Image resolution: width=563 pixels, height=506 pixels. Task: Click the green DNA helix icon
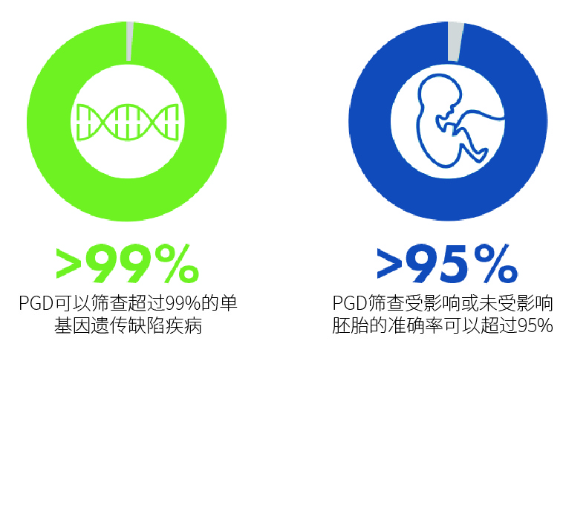pyautogui.click(x=128, y=122)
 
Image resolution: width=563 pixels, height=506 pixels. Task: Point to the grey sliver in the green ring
pyautogui.click(x=130, y=41)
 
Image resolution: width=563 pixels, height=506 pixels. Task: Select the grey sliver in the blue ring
pyautogui.click(x=455, y=42)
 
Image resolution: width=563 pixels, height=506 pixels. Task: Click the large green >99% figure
pyautogui.click(x=128, y=263)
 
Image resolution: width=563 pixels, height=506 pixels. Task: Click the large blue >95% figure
pyautogui.click(x=447, y=263)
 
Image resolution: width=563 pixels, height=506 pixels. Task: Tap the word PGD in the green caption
pyautogui.click(x=36, y=303)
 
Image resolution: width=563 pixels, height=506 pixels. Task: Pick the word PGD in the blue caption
pyautogui.click(x=349, y=303)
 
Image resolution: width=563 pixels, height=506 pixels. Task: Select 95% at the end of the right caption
pyautogui.click(x=536, y=326)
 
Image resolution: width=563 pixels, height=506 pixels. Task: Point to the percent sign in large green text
pyautogui.click(x=177, y=263)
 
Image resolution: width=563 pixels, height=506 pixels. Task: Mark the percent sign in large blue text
pyautogui.click(x=496, y=263)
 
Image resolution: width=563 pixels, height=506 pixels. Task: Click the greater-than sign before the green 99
pyautogui.click(x=68, y=264)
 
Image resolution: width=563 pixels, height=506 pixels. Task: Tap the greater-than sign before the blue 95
pyautogui.click(x=389, y=264)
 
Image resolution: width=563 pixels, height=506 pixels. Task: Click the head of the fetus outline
pyautogui.click(x=440, y=93)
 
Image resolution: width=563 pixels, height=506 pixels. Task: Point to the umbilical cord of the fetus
pyautogui.click(x=481, y=116)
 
